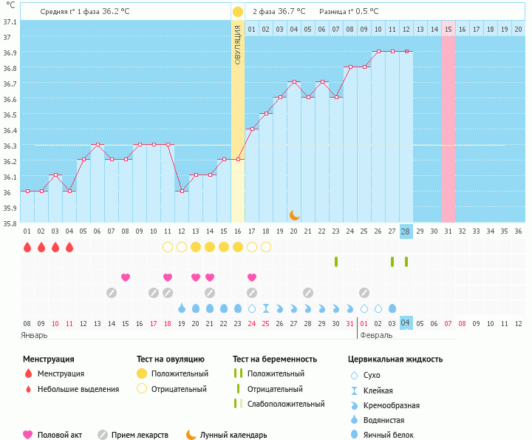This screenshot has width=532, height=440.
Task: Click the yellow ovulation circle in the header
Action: (237, 12)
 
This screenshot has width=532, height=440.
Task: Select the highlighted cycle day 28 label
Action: (406, 231)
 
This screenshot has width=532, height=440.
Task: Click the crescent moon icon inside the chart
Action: (294, 214)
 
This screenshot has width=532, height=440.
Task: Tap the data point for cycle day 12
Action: (182, 191)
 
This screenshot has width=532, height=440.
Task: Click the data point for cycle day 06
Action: (98, 144)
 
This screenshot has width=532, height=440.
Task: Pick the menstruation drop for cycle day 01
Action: (27, 247)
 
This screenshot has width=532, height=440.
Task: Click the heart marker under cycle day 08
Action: (126, 277)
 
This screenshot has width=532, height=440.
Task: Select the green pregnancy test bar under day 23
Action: (335, 262)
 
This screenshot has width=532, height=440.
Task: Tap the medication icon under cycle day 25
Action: (364, 292)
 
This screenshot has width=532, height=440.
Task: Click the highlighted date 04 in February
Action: (406, 323)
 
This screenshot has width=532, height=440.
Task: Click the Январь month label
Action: (34, 335)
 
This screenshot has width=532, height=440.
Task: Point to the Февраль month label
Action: (377, 335)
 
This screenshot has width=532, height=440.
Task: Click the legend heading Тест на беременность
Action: (274, 359)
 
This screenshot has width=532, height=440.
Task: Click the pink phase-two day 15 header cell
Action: (448, 29)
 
